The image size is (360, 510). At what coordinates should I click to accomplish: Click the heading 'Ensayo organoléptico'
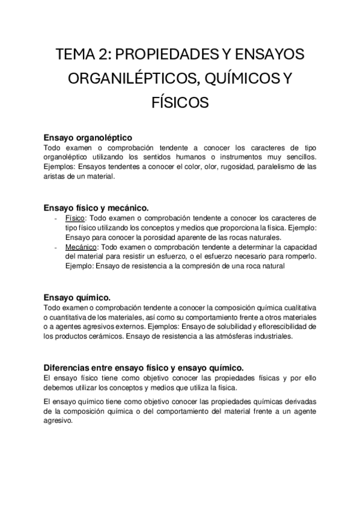pyautogui.click(x=88, y=137)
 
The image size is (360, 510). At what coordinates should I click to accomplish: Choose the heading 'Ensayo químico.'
pyautogui.click(x=77, y=297)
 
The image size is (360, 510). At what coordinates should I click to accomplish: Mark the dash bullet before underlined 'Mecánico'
pyautogui.click(x=56, y=247)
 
